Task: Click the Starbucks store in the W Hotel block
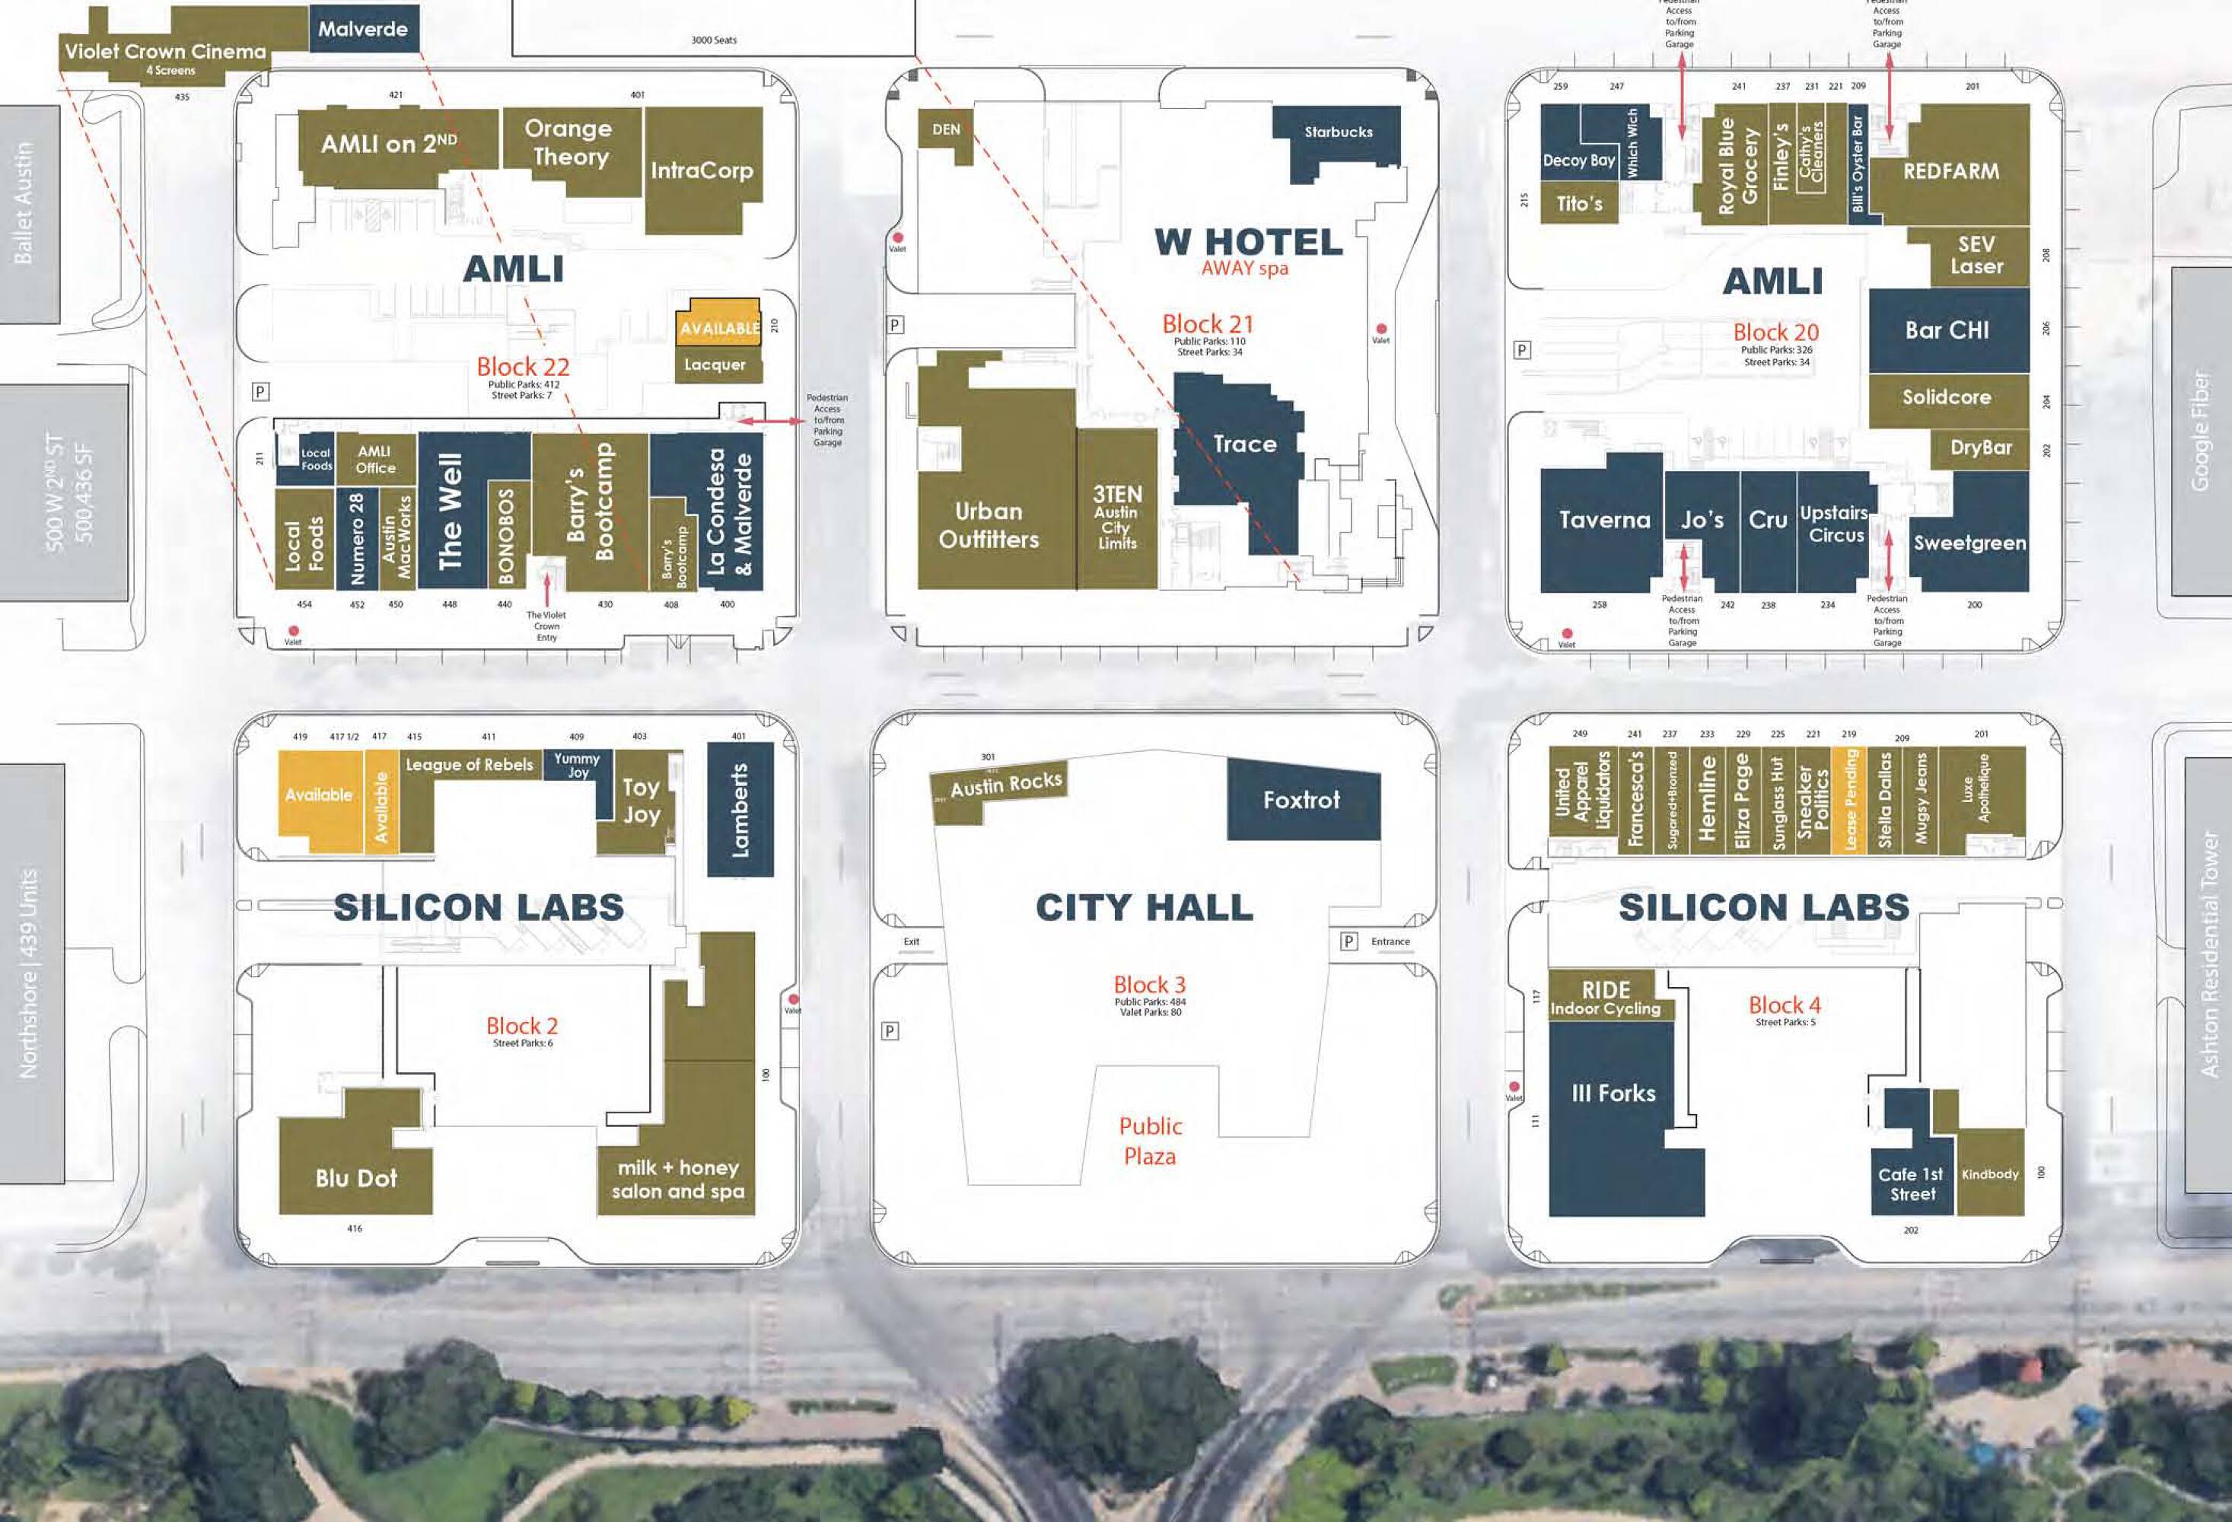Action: tap(1337, 132)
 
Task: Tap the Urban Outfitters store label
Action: tap(989, 525)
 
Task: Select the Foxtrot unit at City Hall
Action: tap(1301, 800)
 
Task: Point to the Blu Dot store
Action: tap(355, 1178)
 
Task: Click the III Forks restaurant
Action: tap(1613, 1094)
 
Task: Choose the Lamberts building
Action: tap(740, 808)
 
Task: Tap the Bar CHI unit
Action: tap(1947, 330)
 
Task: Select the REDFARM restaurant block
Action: tap(1950, 171)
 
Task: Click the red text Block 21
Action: tap(1207, 323)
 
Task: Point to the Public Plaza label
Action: tap(1150, 1141)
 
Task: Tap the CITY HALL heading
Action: tap(1144, 906)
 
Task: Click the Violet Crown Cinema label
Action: tap(165, 52)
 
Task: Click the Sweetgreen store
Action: tap(1969, 543)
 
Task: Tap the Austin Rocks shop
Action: tap(1005, 785)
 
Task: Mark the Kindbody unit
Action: tap(1989, 1174)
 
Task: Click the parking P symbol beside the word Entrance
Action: tap(1348, 942)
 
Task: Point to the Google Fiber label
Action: tap(2199, 431)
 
